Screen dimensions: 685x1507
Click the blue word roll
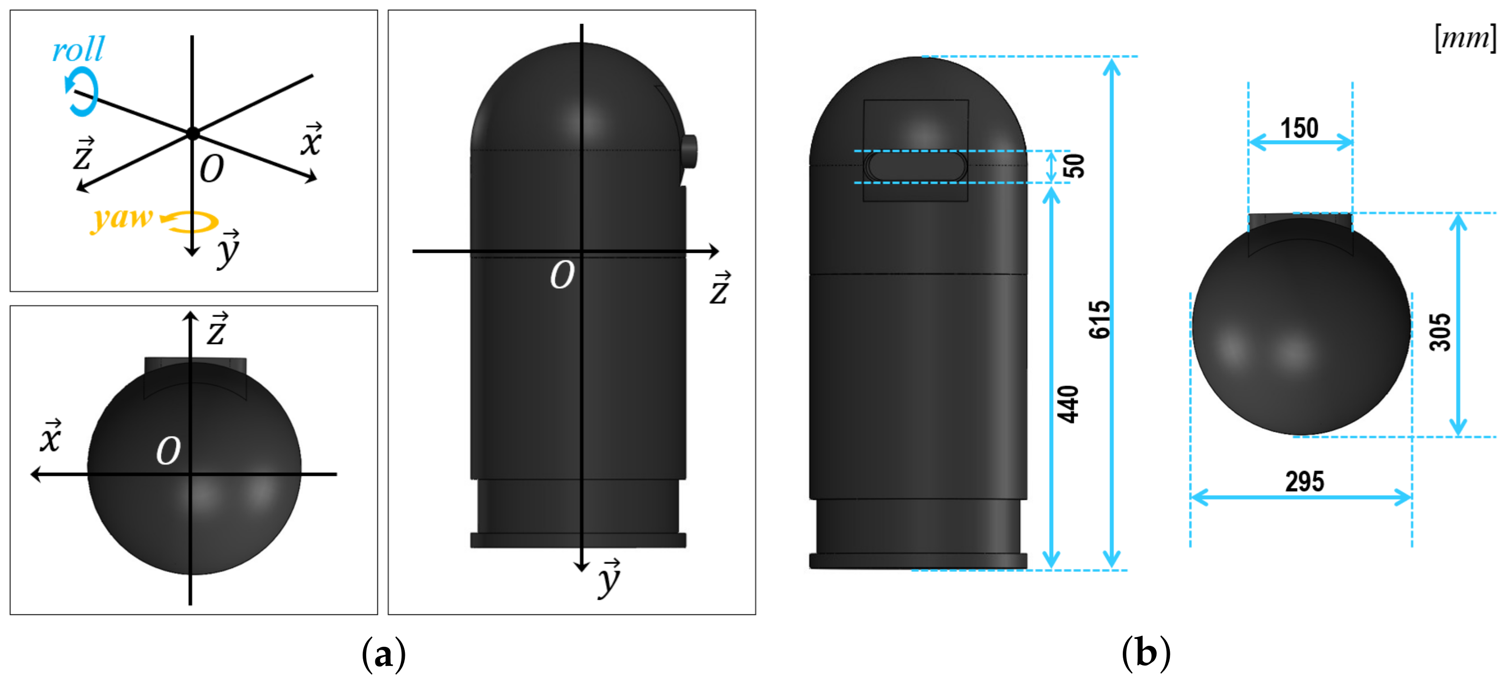pyautogui.click(x=78, y=49)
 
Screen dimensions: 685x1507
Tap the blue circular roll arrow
pyautogui.click(x=82, y=91)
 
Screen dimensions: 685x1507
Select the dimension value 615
pyautogui.click(x=1099, y=319)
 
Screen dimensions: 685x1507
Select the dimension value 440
pyautogui.click(x=1068, y=404)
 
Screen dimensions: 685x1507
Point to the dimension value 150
pyautogui.click(x=1299, y=128)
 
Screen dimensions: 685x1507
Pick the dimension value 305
pyautogui.click(x=1440, y=332)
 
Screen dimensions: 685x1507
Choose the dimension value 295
pyautogui.click(x=1304, y=482)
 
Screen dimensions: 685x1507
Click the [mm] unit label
pyautogui.click(x=1465, y=38)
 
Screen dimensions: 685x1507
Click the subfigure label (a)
pyautogui.click(x=383, y=654)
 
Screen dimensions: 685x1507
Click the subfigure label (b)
pyautogui.click(x=1145, y=654)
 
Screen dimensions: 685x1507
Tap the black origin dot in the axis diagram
pyautogui.click(x=193, y=133)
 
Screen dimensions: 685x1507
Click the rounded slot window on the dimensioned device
pyautogui.click(x=915, y=166)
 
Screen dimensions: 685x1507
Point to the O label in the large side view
pyautogui.click(x=562, y=275)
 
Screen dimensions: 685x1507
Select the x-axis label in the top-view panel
pyautogui.click(x=50, y=437)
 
